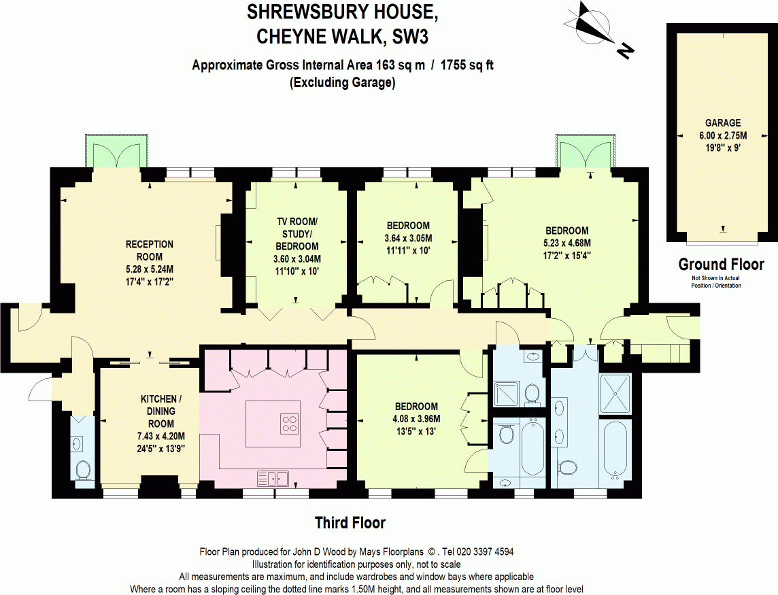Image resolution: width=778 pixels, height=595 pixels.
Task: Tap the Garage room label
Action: tap(722, 123)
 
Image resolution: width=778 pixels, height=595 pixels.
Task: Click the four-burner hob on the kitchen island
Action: tap(289, 424)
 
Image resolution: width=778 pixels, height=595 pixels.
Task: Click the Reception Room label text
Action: tap(150, 250)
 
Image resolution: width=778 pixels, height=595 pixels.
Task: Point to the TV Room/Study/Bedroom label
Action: tap(297, 234)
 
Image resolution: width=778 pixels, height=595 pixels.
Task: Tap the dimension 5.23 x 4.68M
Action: tap(566, 243)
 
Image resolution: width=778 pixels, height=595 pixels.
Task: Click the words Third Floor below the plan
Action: tap(350, 523)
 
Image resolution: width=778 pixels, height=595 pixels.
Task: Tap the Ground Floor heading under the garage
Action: tap(721, 265)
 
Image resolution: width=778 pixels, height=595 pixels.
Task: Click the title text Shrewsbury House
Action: tap(338, 12)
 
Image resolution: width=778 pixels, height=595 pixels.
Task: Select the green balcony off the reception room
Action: tap(114, 152)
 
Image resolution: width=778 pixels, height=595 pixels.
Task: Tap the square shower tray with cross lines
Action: tap(615, 394)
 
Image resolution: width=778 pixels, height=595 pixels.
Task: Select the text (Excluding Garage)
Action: tap(342, 84)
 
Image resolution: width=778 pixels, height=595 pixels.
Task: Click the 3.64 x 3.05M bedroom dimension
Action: tap(408, 238)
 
